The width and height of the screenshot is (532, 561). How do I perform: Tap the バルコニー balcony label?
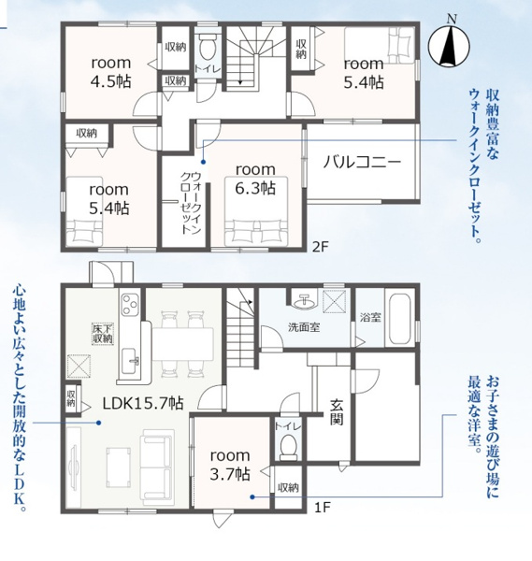coord(362,163)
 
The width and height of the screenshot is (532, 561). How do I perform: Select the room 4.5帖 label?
coord(111,72)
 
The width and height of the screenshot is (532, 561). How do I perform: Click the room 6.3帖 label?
coord(255,179)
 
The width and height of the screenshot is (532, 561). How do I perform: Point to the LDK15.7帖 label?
coord(143,403)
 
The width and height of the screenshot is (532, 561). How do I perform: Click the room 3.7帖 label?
coord(230,465)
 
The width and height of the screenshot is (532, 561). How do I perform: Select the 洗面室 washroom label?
coord(304,327)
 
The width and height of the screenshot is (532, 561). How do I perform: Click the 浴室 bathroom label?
coord(370,317)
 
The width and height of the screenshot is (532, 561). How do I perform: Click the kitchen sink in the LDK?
coord(130,361)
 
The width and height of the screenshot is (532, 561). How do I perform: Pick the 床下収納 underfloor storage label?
coord(103,334)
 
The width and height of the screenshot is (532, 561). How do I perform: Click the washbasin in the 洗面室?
coord(304,301)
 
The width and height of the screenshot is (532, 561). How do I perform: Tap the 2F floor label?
coord(320,247)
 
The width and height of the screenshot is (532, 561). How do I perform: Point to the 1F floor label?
coord(321,508)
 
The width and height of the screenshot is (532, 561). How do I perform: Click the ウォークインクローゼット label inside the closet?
coord(191,203)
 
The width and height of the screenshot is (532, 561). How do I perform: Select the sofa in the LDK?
coord(157,467)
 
